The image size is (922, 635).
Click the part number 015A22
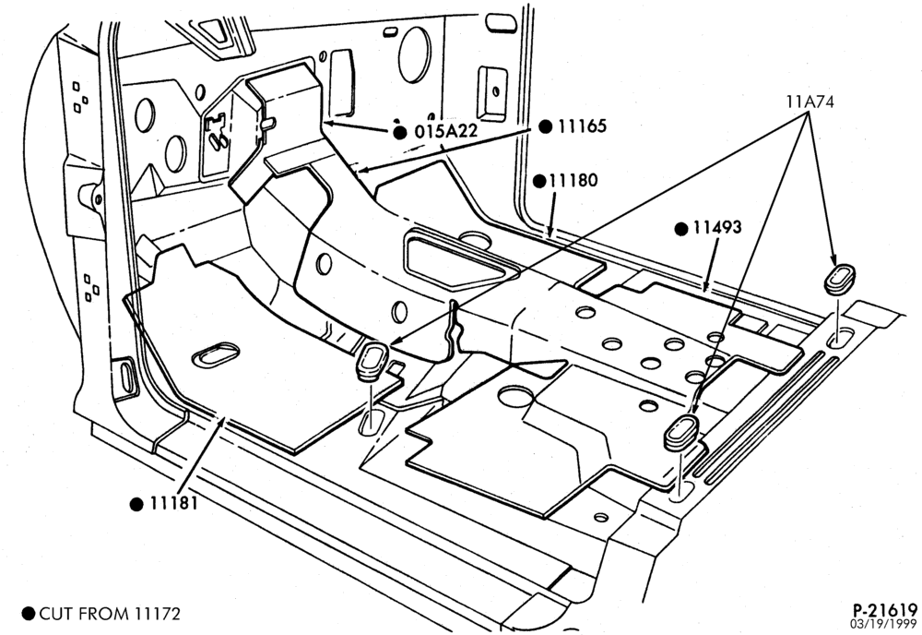[x=445, y=131]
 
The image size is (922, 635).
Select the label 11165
[x=582, y=126]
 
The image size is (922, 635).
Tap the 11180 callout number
[x=573, y=180]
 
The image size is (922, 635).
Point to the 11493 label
[x=716, y=227]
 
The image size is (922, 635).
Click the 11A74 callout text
[x=810, y=102]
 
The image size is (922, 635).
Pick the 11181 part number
[x=173, y=503]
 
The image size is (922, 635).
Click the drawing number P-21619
[x=885, y=610]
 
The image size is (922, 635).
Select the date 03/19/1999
[x=883, y=623]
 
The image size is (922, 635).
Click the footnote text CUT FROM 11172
[x=110, y=614]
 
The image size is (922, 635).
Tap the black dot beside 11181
[x=136, y=504]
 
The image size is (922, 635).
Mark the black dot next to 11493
[x=681, y=229]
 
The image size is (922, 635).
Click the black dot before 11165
[x=546, y=126]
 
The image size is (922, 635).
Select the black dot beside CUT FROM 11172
[x=29, y=614]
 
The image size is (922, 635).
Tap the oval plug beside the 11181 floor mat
[x=371, y=362]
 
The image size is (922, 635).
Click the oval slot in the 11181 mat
[x=216, y=354]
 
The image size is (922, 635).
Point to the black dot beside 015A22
[x=400, y=132]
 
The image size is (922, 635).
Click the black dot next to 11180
[x=539, y=181]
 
